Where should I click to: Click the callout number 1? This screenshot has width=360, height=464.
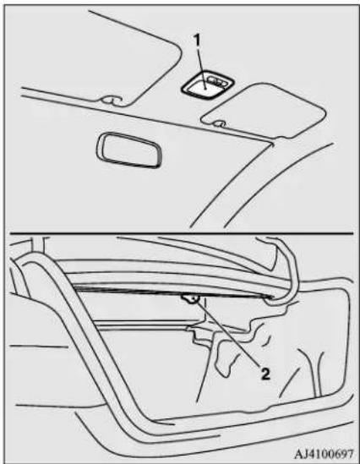[x=196, y=40]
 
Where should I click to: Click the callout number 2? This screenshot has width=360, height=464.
[x=265, y=374]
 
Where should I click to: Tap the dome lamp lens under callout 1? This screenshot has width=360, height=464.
[x=204, y=88]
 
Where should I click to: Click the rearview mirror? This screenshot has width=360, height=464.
[x=129, y=150]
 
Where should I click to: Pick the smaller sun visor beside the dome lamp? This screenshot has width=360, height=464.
[x=265, y=111]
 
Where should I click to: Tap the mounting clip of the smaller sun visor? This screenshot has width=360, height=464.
[x=221, y=123]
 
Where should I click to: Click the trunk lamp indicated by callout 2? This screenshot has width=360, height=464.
[x=190, y=299]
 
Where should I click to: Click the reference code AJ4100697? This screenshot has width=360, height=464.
[x=324, y=453]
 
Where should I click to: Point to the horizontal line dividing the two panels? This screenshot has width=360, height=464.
[x=181, y=233]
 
